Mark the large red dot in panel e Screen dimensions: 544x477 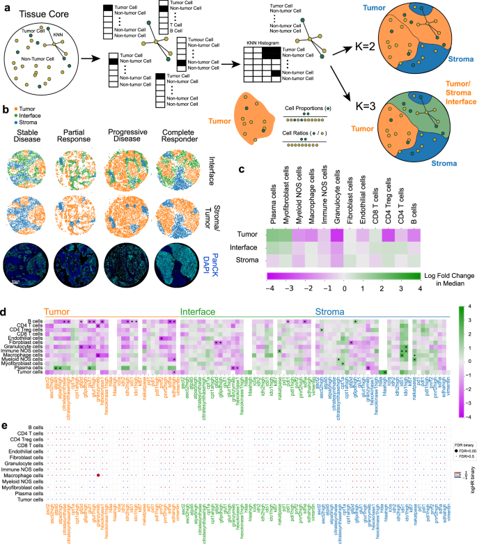[x=99, y=475]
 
